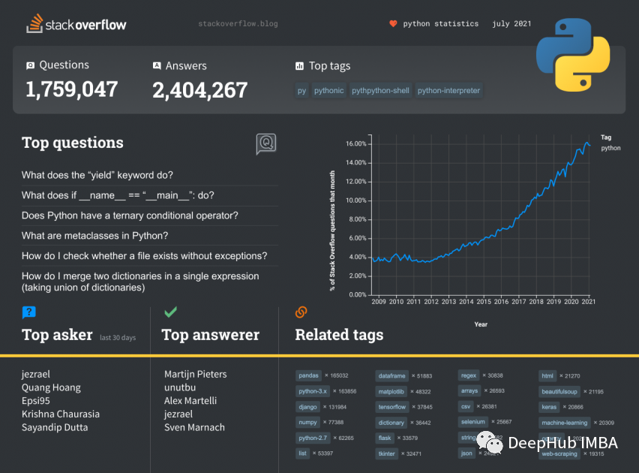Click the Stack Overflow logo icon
(x=34, y=24)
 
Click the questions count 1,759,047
(x=72, y=89)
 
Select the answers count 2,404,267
(x=199, y=90)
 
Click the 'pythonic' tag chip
(x=328, y=91)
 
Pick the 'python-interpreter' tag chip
(x=448, y=91)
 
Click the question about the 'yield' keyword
(x=97, y=175)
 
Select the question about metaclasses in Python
(x=94, y=236)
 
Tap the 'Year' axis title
(x=481, y=324)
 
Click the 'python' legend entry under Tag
(x=610, y=148)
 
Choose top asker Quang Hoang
(x=51, y=387)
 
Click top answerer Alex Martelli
(x=190, y=401)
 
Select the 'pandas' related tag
(x=309, y=375)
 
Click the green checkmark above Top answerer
(x=170, y=312)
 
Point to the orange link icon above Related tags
(x=301, y=312)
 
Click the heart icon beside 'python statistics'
(x=393, y=24)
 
